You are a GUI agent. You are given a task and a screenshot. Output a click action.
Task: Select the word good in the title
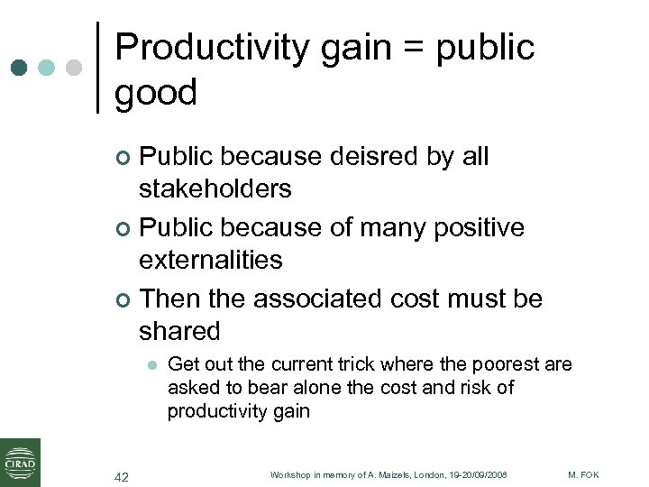click(155, 92)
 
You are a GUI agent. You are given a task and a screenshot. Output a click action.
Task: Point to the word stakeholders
click(215, 189)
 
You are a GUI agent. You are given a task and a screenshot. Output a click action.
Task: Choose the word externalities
click(210, 260)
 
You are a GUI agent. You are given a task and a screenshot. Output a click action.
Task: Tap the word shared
click(178, 331)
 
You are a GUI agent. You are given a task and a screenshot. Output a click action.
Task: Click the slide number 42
click(122, 476)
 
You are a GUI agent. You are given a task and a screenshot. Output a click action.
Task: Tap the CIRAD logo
click(20, 462)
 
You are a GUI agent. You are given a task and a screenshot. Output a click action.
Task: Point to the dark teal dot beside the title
click(19, 68)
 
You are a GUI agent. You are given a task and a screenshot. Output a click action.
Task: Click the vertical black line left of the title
click(98, 68)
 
